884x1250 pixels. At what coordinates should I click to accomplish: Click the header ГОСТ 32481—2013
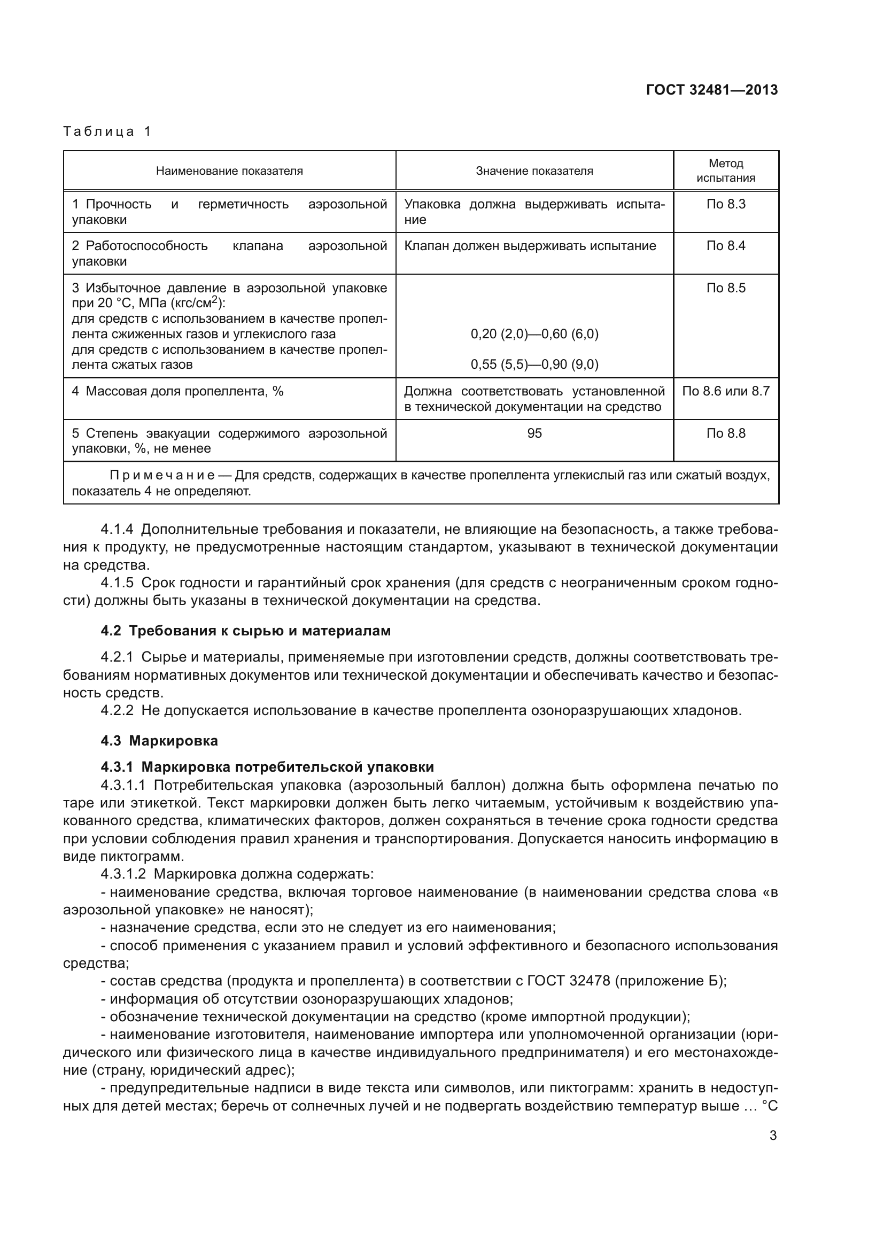pos(711,90)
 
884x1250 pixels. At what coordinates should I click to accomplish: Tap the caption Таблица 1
pos(107,131)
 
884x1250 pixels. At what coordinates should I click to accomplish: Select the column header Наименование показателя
pos(229,171)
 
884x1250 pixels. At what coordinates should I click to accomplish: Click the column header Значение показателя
pos(534,171)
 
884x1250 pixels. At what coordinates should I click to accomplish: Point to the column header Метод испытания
pos(726,170)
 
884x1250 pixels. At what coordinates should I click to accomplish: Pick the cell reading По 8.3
pos(726,204)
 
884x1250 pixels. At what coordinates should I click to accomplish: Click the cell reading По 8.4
pos(726,246)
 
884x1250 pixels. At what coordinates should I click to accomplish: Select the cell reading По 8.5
pos(726,288)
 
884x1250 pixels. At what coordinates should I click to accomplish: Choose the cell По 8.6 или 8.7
pos(726,391)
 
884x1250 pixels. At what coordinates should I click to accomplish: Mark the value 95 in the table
pos(534,433)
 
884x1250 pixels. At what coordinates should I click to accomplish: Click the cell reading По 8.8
pos(726,433)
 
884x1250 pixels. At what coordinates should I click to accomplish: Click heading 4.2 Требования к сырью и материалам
pos(245,631)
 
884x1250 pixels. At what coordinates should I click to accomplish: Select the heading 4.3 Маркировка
pos(159,741)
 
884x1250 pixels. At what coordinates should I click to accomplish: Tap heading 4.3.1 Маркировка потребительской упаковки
pos(267,767)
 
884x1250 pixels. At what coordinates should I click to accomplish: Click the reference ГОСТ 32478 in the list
pos(563,981)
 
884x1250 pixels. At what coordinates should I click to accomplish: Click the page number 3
pos(773,1136)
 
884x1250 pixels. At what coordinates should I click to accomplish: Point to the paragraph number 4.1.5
pos(117,583)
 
